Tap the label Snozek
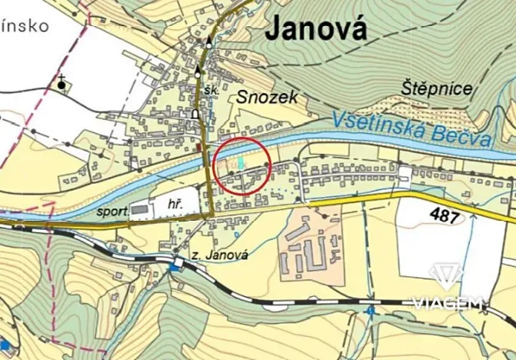pyautogui.click(x=266, y=97)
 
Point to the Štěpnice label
pyautogui.click(x=437, y=88)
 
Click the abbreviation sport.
pyautogui.click(x=112, y=208)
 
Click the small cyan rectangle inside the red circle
pyautogui.click(x=241, y=163)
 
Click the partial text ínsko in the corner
pyautogui.click(x=24, y=25)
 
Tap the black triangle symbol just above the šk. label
pyautogui.click(x=198, y=72)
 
